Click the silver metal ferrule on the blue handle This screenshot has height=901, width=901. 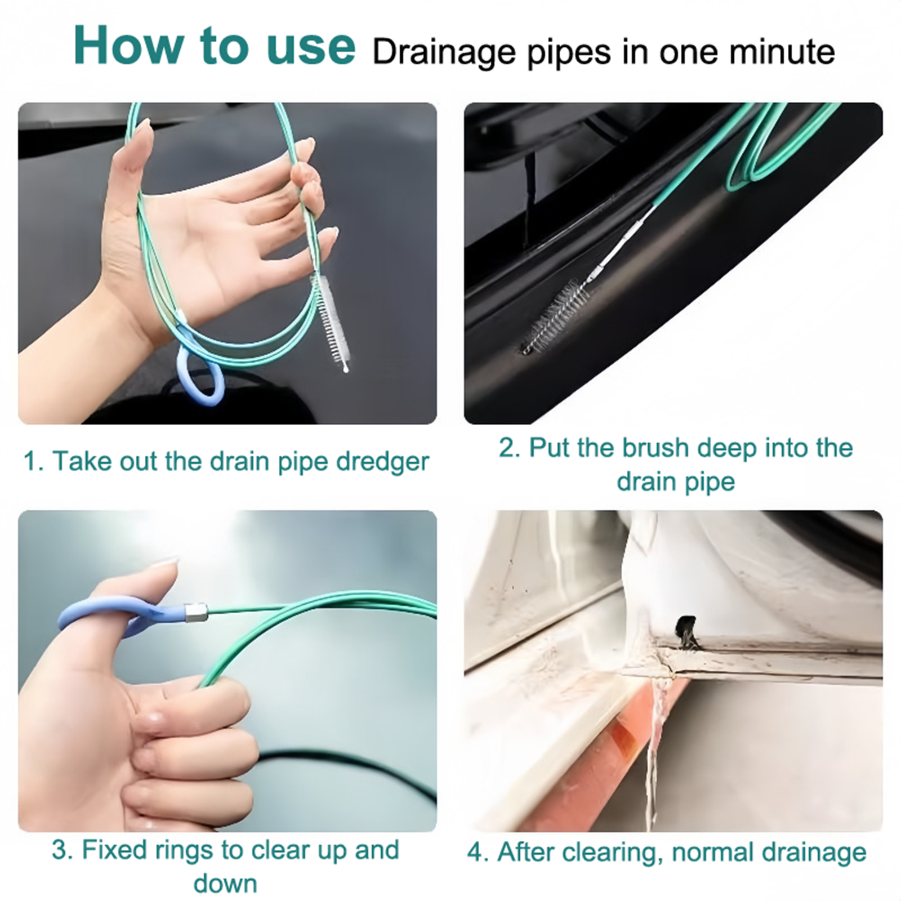click(x=197, y=613)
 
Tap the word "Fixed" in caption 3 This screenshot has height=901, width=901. click(x=117, y=850)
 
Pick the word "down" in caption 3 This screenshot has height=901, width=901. click(x=225, y=884)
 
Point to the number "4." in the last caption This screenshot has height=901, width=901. click(x=479, y=853)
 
